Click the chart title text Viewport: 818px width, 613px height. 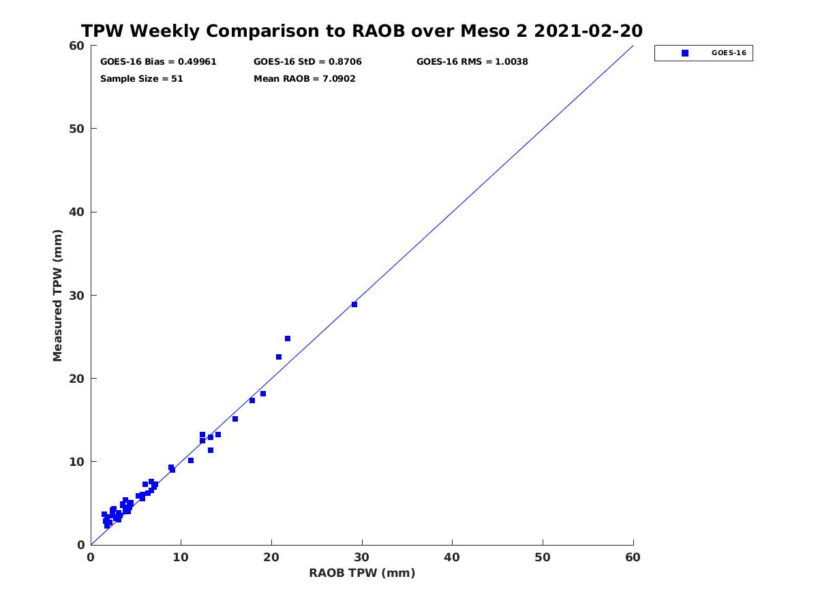361,31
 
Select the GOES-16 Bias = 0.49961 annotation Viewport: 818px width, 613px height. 158,62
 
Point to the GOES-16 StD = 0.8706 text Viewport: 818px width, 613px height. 307,62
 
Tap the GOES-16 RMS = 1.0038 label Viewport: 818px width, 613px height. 472,62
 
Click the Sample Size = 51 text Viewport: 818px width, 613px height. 142,79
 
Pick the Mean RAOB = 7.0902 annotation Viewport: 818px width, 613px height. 305,79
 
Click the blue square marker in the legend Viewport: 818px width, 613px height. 685,53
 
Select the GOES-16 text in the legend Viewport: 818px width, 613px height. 729,53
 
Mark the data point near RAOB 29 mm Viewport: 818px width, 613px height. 354,304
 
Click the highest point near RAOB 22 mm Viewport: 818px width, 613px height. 288,339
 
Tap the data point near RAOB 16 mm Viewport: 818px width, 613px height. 235,419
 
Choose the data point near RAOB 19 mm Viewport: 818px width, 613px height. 263,394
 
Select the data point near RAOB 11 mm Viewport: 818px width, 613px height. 191,461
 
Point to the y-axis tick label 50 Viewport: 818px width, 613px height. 77,129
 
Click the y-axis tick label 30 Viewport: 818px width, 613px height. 77,296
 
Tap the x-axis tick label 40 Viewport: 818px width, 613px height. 452,558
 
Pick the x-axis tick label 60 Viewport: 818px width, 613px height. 633,558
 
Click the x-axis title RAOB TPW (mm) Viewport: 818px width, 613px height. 362,573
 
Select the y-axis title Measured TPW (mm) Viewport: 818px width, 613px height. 57,296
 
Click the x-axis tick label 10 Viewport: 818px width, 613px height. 181,558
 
